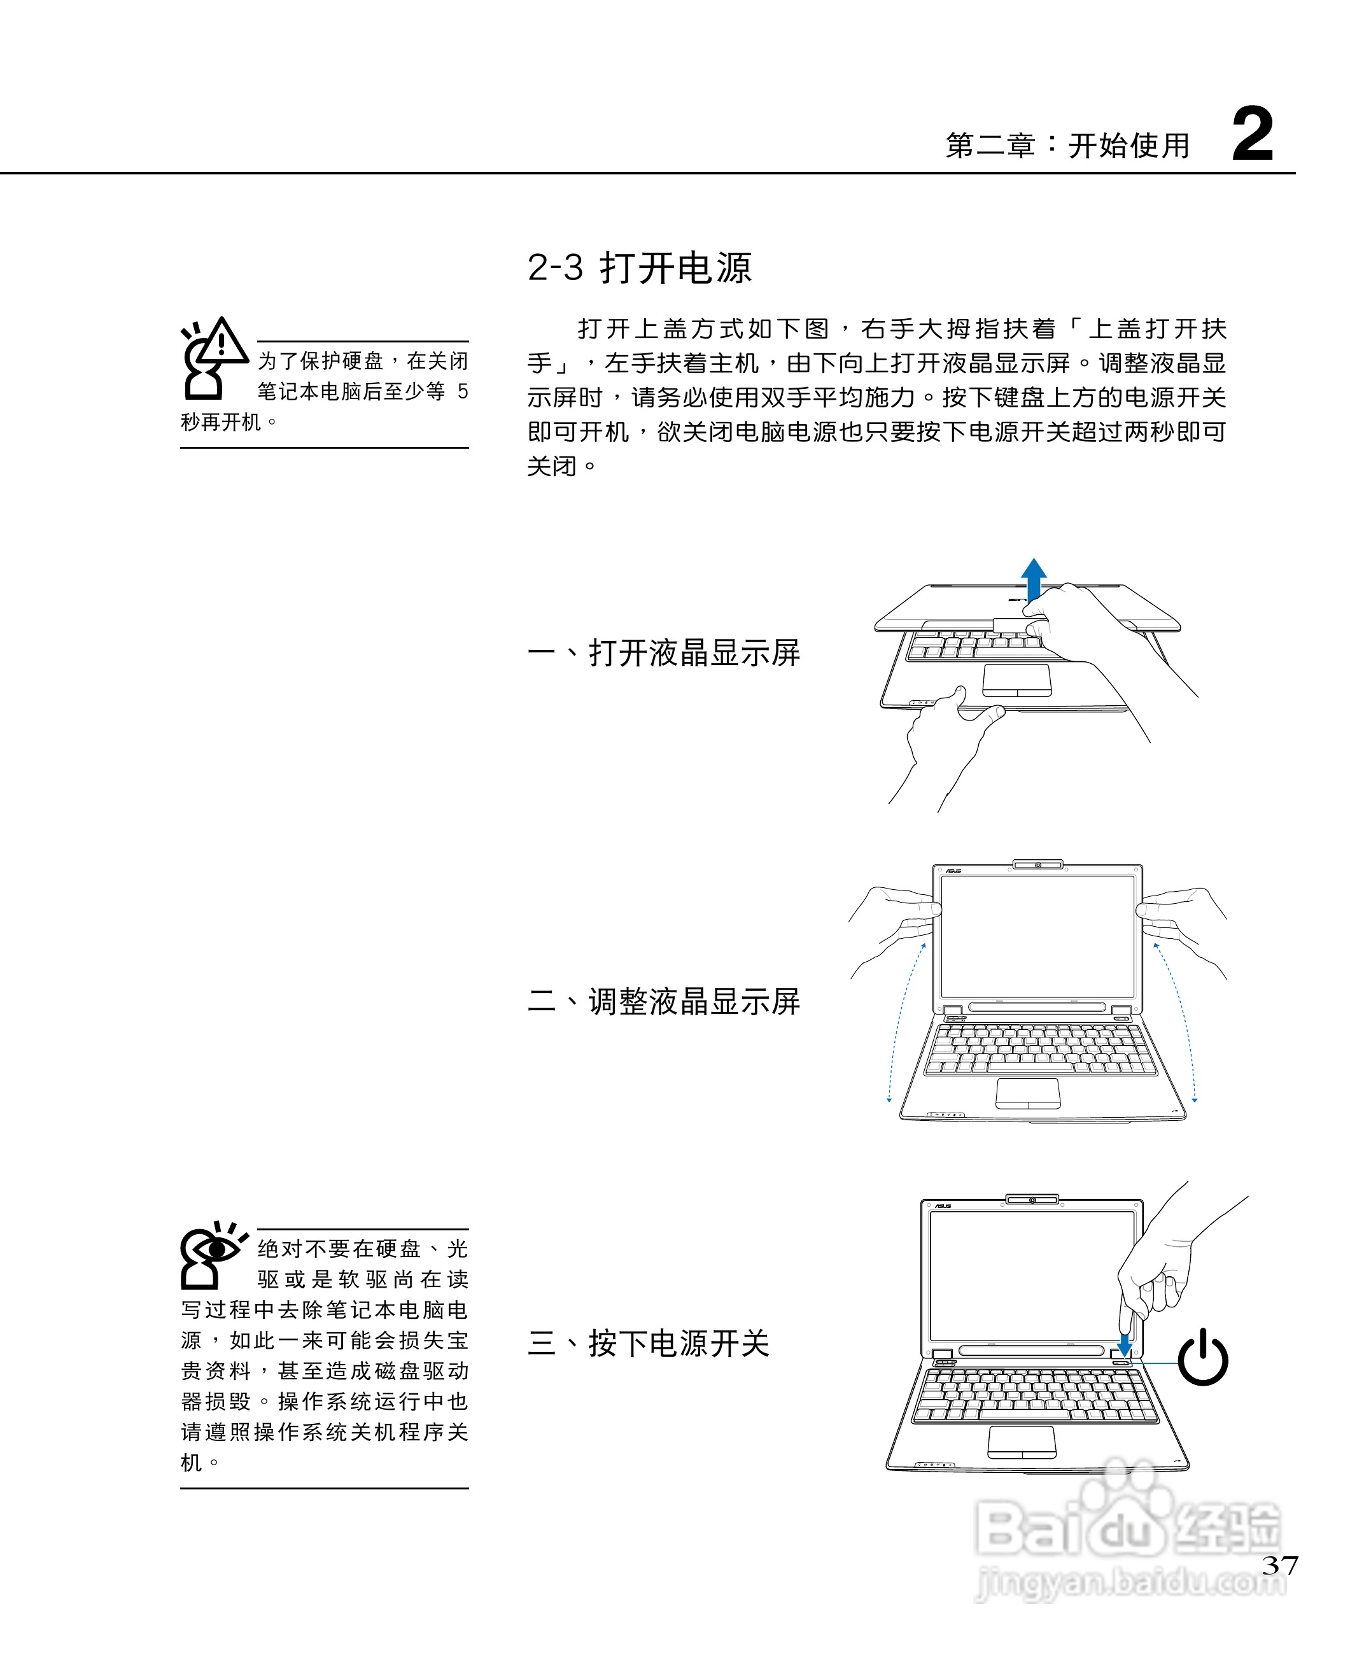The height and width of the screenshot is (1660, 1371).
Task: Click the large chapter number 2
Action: point(1253,134)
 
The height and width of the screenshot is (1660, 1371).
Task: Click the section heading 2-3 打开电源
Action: point(639,268)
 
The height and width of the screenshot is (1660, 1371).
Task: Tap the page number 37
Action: point(1279,1565)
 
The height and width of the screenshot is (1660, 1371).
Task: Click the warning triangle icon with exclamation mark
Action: point(223,341)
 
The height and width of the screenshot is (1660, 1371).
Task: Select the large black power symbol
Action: point(1203,1358)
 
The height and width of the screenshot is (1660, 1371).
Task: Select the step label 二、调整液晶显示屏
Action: point(663,1001)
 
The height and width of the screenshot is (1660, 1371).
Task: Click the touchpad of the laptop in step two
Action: point(1027,1093)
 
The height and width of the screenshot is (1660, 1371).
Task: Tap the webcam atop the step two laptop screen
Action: point(1037,865)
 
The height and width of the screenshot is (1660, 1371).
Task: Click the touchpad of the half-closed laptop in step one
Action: point(1017,680)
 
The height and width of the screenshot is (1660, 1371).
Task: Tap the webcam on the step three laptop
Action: point(1032,1200)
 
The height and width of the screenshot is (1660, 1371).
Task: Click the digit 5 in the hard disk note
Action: point(463,391)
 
